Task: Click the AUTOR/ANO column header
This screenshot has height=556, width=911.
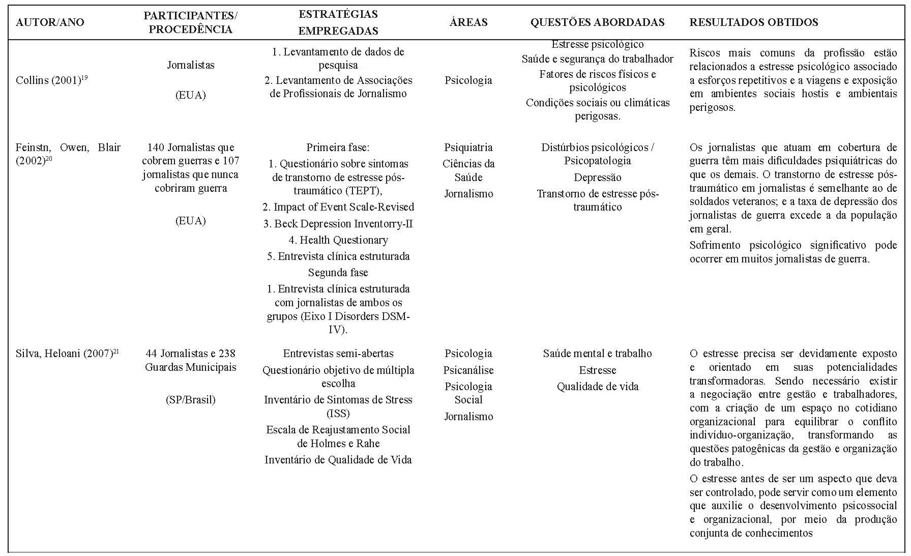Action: [x=50, y=22]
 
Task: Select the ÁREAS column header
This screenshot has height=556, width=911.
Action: [x=468, y=22]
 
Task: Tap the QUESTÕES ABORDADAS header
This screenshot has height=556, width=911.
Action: [x=597, y=22]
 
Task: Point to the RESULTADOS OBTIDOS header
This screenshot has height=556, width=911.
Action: [x=753, y=22]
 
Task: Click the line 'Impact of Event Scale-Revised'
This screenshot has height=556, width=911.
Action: [x=338, y=207]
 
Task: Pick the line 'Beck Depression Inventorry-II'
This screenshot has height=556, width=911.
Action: [x=338, y=224]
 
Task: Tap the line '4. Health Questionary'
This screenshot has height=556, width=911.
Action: [x=338, y=240]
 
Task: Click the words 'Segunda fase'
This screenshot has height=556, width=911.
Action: [x=338, y=273]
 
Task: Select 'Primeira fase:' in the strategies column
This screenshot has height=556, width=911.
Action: [x=338, y=148]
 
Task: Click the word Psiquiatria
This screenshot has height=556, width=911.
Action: [x=468, y=148]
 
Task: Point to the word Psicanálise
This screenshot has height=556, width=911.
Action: [x=468, y=370]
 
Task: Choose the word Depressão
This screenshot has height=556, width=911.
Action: [x=597, y=178]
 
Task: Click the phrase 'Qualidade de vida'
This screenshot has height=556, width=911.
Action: [x=597, y=387]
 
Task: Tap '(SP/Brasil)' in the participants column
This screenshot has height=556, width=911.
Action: [x=190, y=400]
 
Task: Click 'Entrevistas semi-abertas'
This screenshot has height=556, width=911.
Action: [x=338, y=354]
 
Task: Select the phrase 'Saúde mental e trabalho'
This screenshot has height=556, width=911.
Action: [x=597, y=354]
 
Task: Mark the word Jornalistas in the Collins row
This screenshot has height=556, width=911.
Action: [x=190, y=65]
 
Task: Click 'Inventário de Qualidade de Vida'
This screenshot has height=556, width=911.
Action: [x=338, y=460]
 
